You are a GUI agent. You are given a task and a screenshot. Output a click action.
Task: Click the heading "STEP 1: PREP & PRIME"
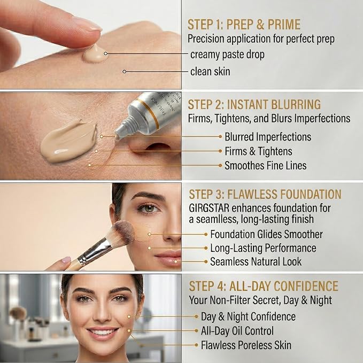coord(244,25)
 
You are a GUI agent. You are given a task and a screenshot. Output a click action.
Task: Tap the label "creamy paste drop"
coord(227,55)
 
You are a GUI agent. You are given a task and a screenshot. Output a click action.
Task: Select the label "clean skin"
coord(210,72)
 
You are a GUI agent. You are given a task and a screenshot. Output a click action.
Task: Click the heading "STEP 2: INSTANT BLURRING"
coord(254,104)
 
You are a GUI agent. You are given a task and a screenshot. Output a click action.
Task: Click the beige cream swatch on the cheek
coord(69,141)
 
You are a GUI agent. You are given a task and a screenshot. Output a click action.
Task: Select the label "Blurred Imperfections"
coord(268,137)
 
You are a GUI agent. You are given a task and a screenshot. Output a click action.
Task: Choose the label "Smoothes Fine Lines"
coord(266,166)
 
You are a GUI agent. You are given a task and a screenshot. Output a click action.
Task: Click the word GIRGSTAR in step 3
coord(209,208)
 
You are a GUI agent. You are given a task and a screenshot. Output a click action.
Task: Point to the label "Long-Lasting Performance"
coord(263,248)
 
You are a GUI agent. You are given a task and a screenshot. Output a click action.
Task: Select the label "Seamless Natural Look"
coord(256,261)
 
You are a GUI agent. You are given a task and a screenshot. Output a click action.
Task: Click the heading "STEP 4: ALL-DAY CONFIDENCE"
coord(264,286)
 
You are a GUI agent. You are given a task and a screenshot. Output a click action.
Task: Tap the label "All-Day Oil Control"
coord(237,331)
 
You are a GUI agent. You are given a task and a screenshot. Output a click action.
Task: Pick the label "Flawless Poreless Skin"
coord(246,345)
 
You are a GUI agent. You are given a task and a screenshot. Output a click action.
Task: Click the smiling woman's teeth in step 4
coord(102,333)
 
